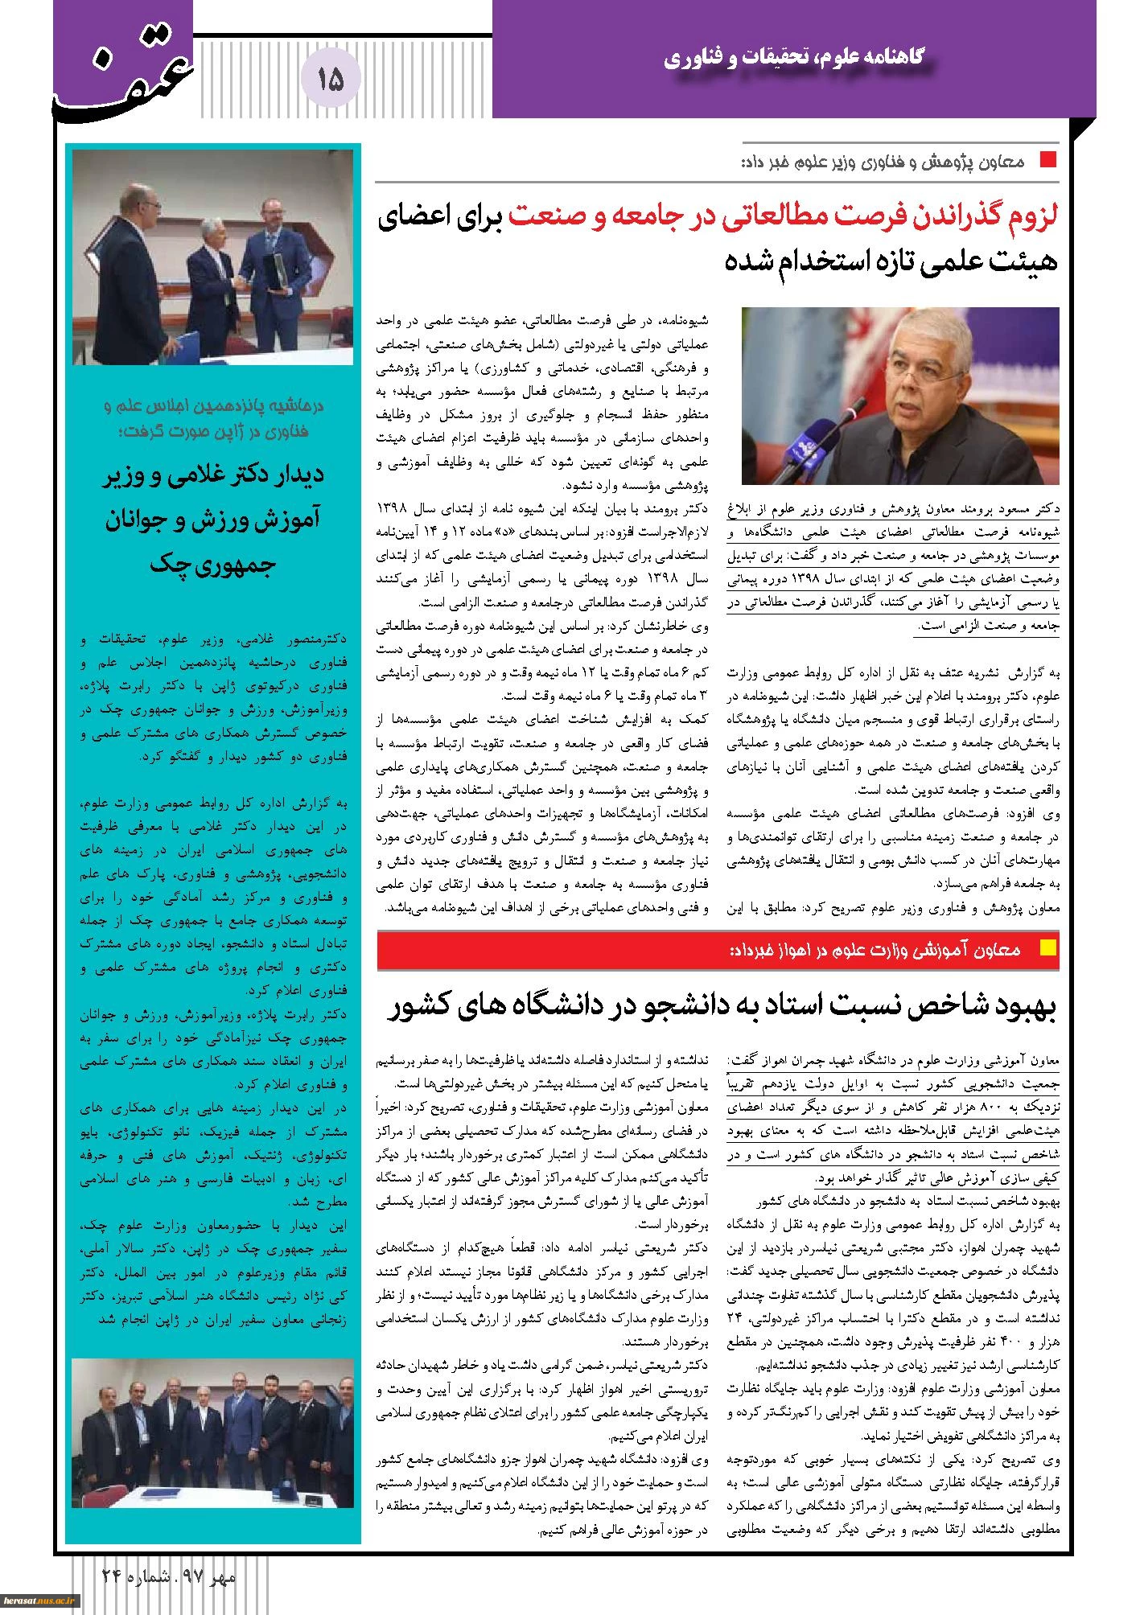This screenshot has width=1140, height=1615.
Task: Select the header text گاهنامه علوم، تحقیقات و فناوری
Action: click(796, 59)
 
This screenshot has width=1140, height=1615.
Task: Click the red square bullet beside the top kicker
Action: click(1047, 159)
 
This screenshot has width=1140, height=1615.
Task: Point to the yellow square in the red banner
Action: click(1047, 948)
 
